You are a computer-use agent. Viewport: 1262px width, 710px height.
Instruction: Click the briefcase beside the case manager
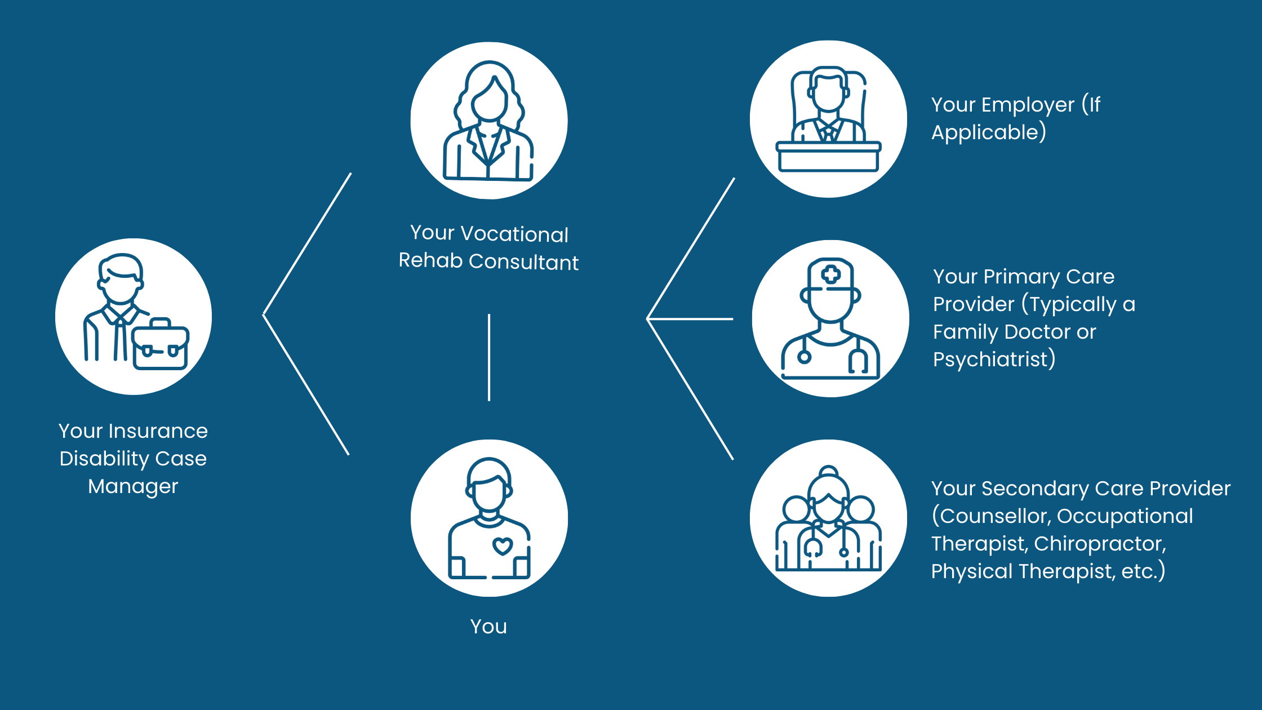coord(161,347)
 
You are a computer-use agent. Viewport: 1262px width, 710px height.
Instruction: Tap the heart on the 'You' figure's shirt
coord(503,545)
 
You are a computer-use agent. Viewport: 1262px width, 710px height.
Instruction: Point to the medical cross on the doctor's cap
coord(830,274)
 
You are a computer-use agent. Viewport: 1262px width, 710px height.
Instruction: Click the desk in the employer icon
coord(828,157)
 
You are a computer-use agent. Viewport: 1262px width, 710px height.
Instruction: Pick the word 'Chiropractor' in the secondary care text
coord(1100,544)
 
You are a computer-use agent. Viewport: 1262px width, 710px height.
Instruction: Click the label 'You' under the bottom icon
coord(488,627)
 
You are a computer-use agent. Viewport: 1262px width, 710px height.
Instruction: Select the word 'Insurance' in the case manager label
coord(158,431)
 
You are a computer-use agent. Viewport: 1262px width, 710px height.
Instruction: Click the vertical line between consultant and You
coord(489,357)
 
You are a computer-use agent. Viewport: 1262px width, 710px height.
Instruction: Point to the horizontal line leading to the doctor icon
coord(691,319)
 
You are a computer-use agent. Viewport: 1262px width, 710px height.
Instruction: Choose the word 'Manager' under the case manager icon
coord(133,486)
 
